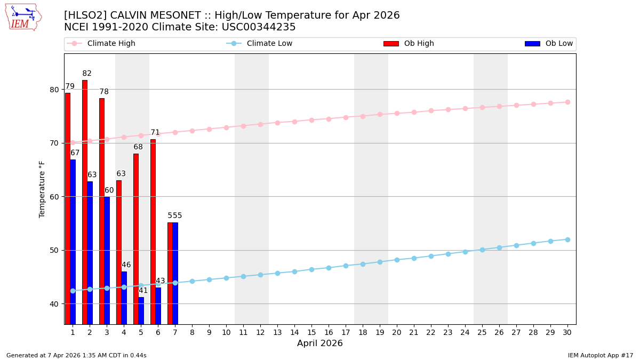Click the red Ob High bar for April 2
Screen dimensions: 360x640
[85, 203]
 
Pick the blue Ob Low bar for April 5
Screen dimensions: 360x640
[141, 310]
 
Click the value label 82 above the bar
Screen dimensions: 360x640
[87, 74]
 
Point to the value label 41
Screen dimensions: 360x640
[143, 291]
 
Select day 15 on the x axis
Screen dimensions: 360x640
[311, 332]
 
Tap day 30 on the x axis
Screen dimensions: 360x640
[567, 332]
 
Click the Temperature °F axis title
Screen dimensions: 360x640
[43, 189]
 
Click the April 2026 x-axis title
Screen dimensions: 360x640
[320, 343]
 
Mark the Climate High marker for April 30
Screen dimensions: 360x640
[567, 102]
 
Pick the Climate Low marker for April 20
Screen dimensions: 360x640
[397, 260]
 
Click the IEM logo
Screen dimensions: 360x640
[23, 17]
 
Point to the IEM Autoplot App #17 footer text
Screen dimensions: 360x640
[601, 355]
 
